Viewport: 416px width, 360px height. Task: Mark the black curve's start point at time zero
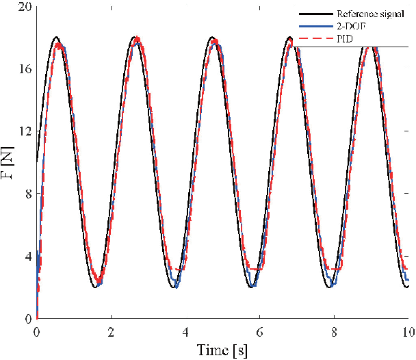[x=37, y=162]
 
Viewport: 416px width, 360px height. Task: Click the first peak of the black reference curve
[x=56, y=38]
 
